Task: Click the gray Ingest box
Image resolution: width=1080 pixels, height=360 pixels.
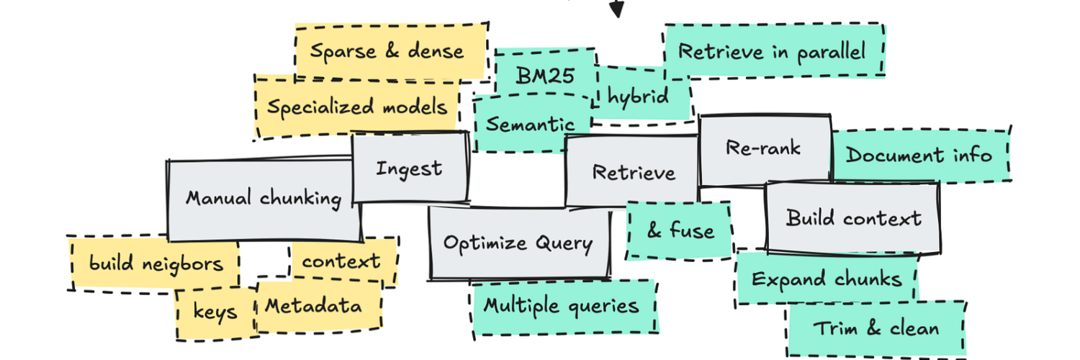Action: [410, 168]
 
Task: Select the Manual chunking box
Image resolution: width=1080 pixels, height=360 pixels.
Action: [264, 199]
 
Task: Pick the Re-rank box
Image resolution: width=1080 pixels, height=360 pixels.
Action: [763, 149]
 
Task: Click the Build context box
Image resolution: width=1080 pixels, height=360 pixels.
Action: [853, 217]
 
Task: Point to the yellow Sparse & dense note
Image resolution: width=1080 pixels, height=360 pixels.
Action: [388, 51]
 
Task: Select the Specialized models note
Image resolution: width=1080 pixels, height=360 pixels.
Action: [357, 107]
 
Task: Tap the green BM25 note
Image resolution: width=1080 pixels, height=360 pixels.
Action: [546, 74]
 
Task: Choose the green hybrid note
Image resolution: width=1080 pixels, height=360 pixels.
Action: [638, 95]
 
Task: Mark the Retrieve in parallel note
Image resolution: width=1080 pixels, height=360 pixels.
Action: [773, 51]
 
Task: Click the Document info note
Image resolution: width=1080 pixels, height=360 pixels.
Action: [919, 155]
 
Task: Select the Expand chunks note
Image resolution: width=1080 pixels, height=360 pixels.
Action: [827, 279]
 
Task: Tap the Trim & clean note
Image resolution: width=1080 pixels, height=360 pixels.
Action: [876, 328]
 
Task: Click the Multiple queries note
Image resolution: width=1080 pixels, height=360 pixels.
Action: [562, 306]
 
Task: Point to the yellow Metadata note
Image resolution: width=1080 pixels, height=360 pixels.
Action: [314, 306]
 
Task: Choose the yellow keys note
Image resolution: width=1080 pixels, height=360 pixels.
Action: [215, 312]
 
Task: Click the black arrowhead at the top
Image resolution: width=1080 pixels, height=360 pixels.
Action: [616, 9]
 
